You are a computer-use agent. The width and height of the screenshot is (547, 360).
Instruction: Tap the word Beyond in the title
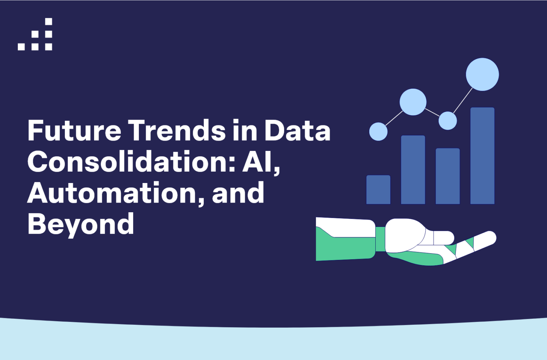pyautogui.click(x=81, y=225)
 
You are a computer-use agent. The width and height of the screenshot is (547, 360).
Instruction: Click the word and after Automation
pyautogui.click(x=238, y=193)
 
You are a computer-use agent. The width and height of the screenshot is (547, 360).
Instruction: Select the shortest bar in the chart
pyautogui.click(x=378, y=189)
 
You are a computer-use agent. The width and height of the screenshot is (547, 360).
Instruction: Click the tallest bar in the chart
pyautogui.click(x=482, y=156)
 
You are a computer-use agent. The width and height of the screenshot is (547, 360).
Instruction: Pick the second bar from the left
pyautogui.click(x=413, y=169)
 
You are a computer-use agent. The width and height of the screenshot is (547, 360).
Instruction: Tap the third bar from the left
pyautogui.click(x=448, y=176)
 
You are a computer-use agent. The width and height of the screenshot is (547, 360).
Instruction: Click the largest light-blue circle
pyautogui.click(x=482, y=74)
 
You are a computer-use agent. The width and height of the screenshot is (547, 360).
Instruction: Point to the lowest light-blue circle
pyautogui.click(x=378, y=131)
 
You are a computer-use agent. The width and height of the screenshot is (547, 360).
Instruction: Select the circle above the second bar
pyautogui.click(x=413, y=102)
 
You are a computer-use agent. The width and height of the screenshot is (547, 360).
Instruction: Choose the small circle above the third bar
pyautogui.click(x=448, y=121)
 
